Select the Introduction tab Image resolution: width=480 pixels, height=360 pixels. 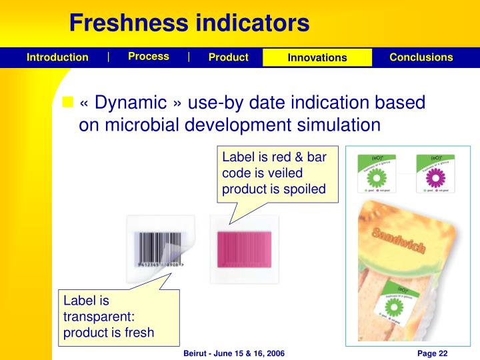click(x=57, y=57)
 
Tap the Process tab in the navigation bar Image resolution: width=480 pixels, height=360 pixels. click(x=149, y=57)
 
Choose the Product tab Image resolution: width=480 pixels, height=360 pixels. click(x=228, y=57)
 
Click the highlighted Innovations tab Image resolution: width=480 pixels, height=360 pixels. click(x=317, y=58)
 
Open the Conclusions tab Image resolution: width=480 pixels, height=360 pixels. click(x=421, y=57)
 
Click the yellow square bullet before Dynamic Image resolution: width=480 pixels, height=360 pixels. click(x=67, y=102)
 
